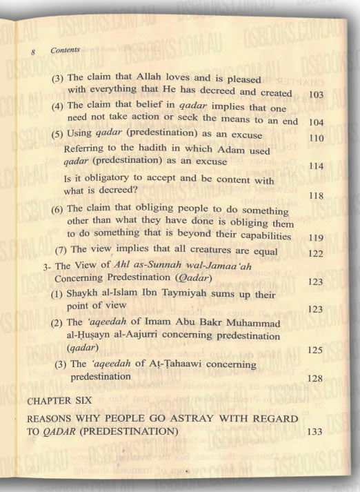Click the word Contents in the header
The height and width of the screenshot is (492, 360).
coord(66,50)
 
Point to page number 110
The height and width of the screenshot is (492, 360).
coord(317,138)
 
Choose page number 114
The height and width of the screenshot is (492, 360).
coord(317,167)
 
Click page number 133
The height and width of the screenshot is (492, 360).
coord(314,431)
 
